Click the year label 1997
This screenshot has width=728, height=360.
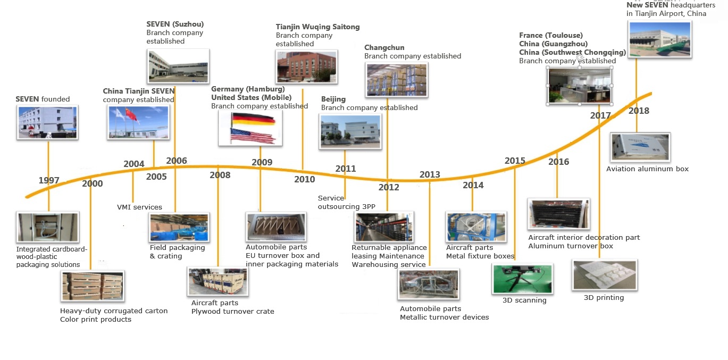coord(49,180)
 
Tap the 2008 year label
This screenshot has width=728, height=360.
coord(220,175)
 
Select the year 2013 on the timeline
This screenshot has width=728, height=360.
coord(430,174)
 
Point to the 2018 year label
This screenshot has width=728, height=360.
coord(639,111)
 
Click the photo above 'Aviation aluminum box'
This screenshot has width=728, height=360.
coord(640,147)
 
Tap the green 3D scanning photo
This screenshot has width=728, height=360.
coord(523,279)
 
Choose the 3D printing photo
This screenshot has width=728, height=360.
coord(605,275)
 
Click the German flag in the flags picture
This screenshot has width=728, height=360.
coord(253,119)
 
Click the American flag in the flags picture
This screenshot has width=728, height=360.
coord(253,136)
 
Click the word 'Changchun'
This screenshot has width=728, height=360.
coord(384,47)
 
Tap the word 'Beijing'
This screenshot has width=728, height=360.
coord(333,99)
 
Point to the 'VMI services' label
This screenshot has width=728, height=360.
coord(139,207)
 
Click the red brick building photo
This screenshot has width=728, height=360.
coord(306,66)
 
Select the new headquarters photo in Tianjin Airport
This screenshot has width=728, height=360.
coord(660,39)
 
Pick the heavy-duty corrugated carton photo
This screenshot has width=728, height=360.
coord(93,286)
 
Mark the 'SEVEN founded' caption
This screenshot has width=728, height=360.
coord(43,99)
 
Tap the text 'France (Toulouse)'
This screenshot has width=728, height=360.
coord(551,35)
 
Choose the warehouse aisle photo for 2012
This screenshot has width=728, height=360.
coord(384,227)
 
